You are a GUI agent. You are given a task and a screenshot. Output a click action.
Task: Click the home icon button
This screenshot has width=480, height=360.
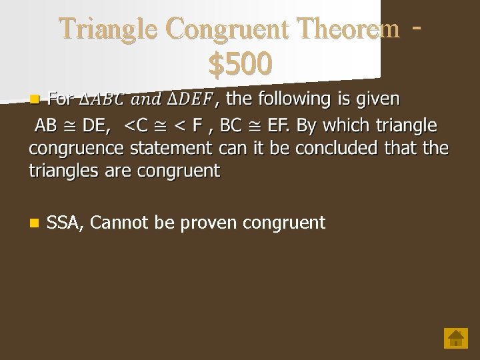coord(456,338)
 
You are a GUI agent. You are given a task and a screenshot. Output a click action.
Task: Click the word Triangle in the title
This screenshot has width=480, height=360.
coord(109,29)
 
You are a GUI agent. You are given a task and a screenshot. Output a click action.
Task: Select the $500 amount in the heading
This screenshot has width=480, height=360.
coord(240,64)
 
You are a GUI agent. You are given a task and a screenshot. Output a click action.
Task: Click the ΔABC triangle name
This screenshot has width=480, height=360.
coord(101,100)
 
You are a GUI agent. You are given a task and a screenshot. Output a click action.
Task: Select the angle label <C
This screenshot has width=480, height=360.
coord(137,125)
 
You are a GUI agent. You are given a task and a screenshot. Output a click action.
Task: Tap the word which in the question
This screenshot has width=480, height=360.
coord(348,125)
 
